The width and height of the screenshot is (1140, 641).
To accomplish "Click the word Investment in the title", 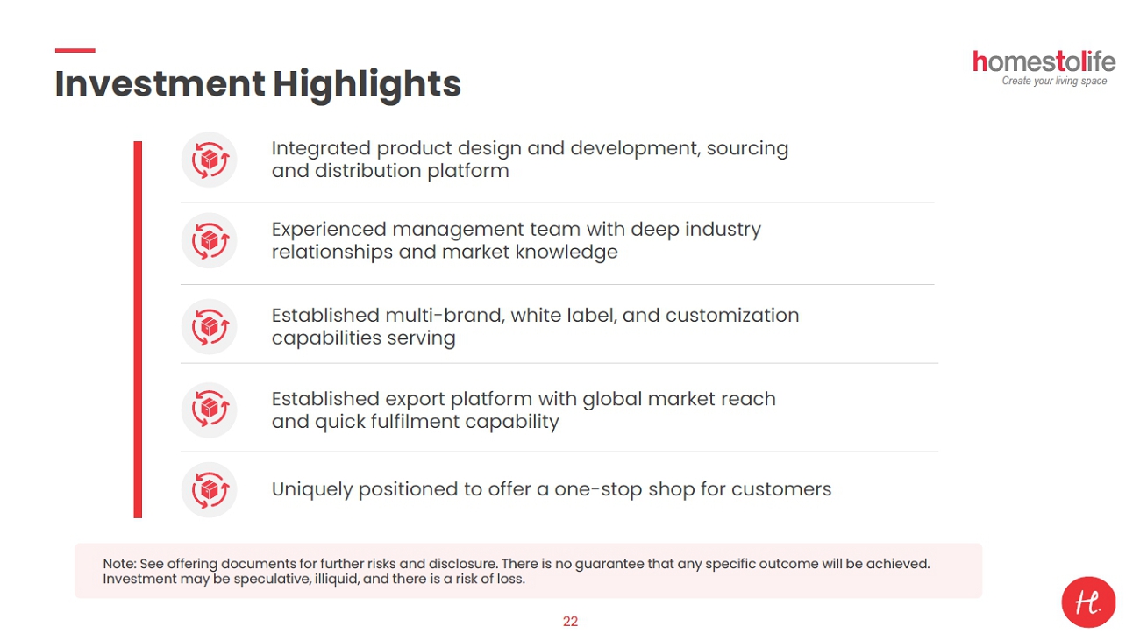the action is (x=160, y=84).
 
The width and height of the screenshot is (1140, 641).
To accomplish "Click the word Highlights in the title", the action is (x=367, y=85).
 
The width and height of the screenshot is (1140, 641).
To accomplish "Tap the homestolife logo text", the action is (x=1044, y=61).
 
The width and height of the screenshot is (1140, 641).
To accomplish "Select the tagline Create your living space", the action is (x=1054, y=81).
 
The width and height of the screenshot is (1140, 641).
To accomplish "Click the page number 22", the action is (x=570, y=621).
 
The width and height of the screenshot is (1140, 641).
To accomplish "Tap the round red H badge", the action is (x=1088, y=602).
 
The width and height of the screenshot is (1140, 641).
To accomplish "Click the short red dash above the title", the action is (x=75, y=50).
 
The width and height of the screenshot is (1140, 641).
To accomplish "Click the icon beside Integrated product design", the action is (x=210, y=160).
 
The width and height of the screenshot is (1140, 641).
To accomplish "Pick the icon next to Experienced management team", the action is (x=210, y=240).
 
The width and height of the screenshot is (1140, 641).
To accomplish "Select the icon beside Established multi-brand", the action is (x=210, y=326).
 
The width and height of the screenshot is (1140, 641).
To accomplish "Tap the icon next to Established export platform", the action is (x=210, y=410).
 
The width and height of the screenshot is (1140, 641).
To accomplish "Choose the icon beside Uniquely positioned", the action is (x=210, y=490).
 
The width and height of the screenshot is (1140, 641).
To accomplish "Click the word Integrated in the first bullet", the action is (x=321, y=149).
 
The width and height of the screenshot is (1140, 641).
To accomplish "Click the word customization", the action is (x=732, y=316).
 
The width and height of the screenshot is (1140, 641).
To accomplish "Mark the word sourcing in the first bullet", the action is (x=747, y=149).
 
